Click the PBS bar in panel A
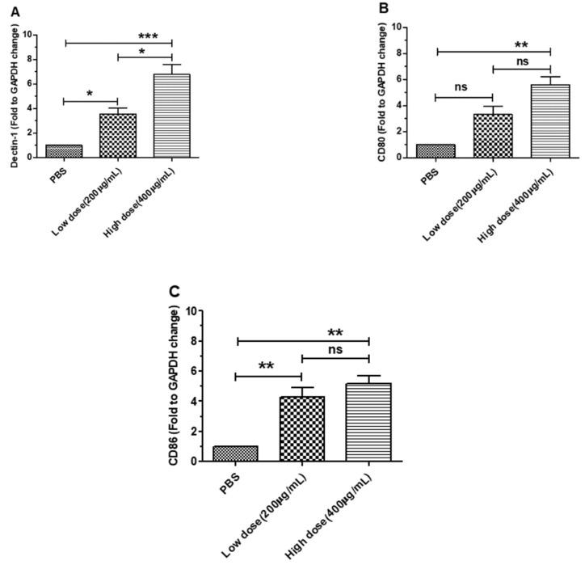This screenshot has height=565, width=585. (64, 151)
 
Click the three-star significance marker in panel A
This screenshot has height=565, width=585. (148, 36)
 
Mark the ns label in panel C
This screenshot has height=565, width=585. (335, 350)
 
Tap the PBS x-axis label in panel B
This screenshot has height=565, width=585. (430, 175)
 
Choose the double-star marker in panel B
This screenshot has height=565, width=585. (522, 45)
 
